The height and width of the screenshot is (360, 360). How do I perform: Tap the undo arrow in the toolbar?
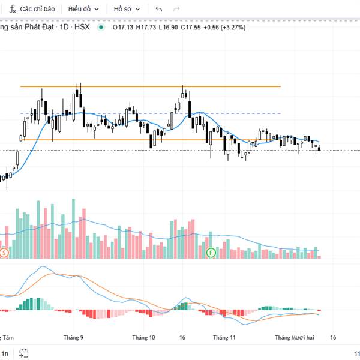158,9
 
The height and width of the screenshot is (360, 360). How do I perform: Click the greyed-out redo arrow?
176,9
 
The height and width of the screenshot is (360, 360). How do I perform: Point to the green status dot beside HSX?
101,27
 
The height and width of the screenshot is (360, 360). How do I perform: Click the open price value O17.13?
123,27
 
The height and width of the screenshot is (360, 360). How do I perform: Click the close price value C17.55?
190,27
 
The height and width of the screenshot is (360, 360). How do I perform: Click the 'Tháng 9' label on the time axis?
73,338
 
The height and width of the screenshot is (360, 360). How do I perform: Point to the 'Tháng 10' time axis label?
143,338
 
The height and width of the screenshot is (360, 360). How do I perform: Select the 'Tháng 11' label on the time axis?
224,338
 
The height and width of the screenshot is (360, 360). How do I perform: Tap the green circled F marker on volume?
211,253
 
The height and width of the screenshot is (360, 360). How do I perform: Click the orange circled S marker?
4,253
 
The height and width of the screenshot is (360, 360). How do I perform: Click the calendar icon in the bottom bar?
24,353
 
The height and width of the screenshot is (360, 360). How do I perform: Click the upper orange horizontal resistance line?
150,86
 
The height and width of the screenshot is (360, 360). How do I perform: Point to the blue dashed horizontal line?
150,113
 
